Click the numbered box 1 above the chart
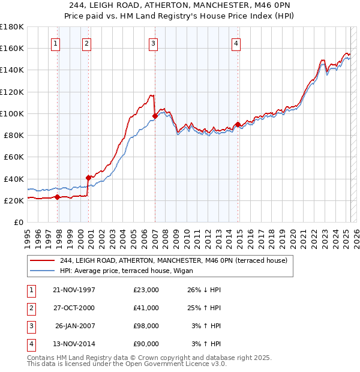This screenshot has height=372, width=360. pos(55,43)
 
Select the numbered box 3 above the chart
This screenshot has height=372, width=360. pos(153,43)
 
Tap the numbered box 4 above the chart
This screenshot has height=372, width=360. pos(236,43)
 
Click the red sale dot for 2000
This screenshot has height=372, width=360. pos(88,178)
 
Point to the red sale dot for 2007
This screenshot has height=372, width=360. pos(155,116)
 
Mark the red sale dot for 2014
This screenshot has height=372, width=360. pos(238,124)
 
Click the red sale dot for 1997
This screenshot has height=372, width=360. pos(58,197)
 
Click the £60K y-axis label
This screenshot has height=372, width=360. pos(14,157)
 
